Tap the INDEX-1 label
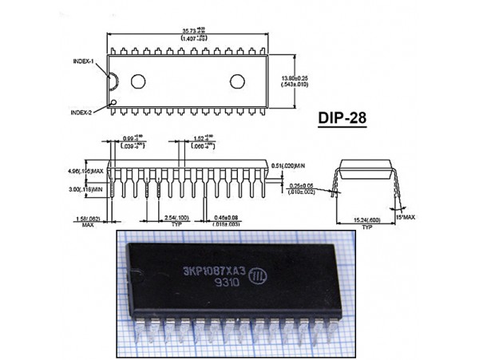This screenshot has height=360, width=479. (82, 61)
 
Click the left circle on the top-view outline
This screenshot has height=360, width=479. (139, 81)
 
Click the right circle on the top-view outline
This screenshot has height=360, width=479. (238, 81)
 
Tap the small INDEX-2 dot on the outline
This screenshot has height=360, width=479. (115, 101)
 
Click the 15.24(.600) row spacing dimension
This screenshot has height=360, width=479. (367, 220)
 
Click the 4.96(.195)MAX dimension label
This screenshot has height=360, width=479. (87, 170)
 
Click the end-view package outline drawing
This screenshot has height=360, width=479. (367, 176)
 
